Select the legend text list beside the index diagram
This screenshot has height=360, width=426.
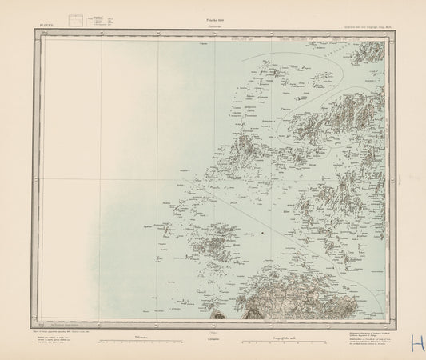pos(102,19)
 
